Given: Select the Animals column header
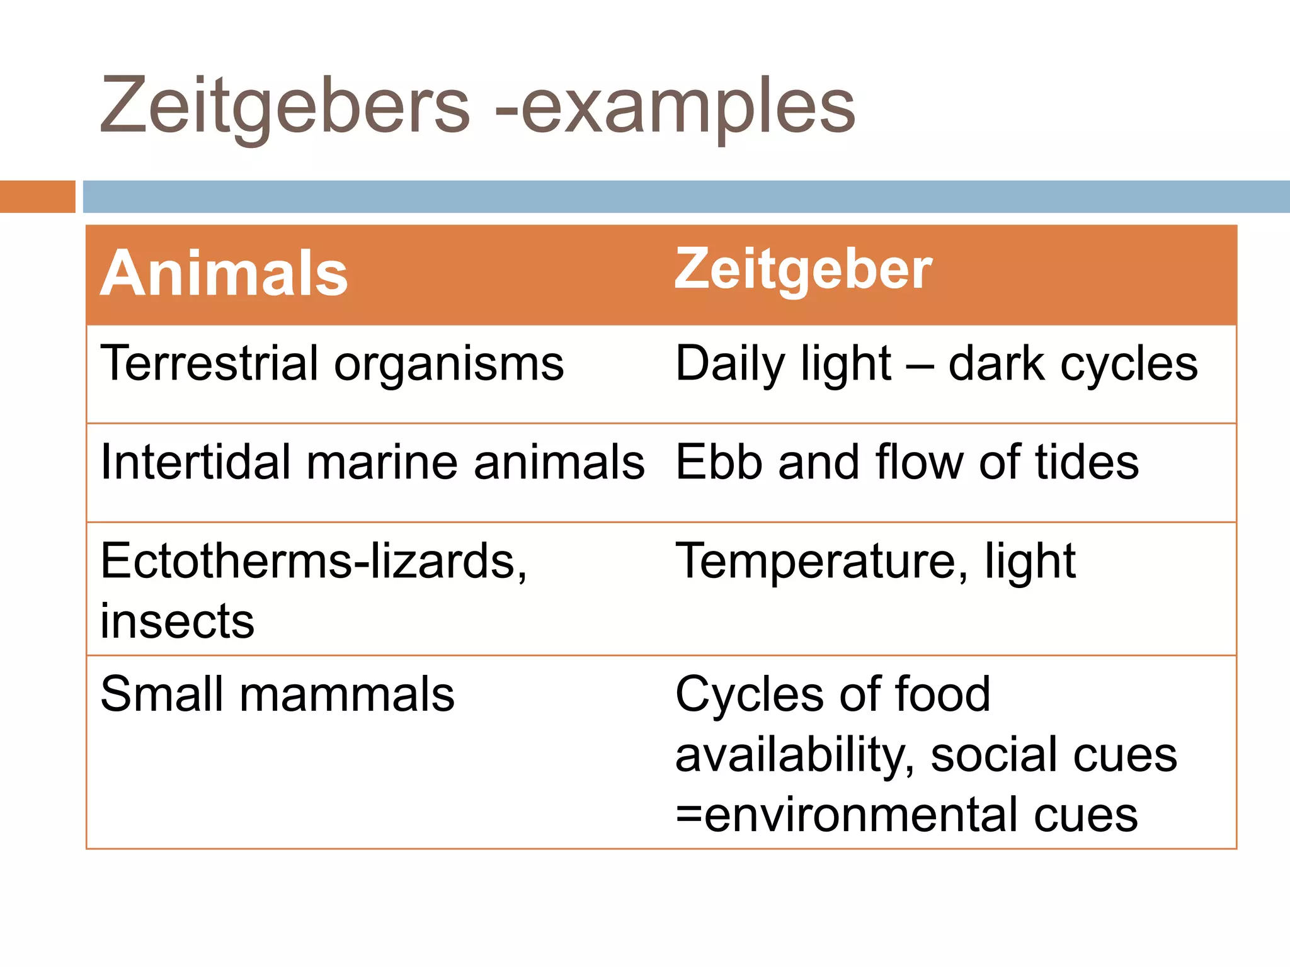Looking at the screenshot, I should click(x=224, y=273).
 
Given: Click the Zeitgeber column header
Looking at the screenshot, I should click(x=803, y=269).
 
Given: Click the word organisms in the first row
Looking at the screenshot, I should click(x=449, y=365).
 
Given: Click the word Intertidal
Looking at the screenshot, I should click(x=196, y=462).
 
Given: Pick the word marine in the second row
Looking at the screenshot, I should click(x=382, y=462).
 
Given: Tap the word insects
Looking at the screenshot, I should click(x=178, y=621).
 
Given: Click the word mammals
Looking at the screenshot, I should click(x=347, y=694).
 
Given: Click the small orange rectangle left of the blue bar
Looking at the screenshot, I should click(x=37, y=196).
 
